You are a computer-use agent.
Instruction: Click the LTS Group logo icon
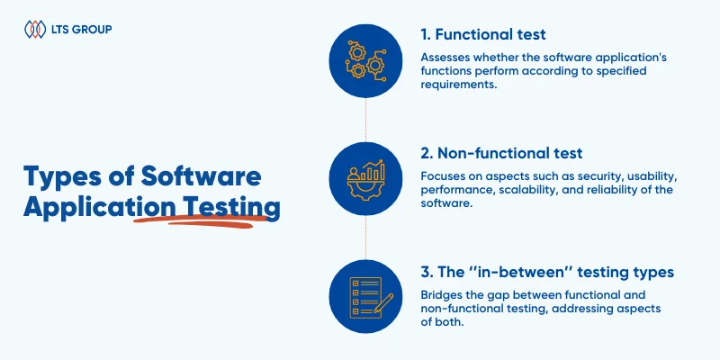(35, 30)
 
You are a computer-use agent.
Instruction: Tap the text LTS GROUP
(82, 30)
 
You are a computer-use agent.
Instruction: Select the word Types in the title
(63, 177)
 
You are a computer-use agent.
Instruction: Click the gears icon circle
(365, 61)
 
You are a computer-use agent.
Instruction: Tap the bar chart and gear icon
(365, 179)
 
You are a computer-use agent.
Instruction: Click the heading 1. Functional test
(483, 34)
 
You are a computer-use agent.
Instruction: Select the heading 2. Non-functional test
(501, 153)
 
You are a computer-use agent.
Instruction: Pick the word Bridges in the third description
(440, 296)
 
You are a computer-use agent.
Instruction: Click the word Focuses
(441, 177)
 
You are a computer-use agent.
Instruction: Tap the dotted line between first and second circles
(365, 120)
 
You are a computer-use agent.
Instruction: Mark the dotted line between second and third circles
(365, 238)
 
